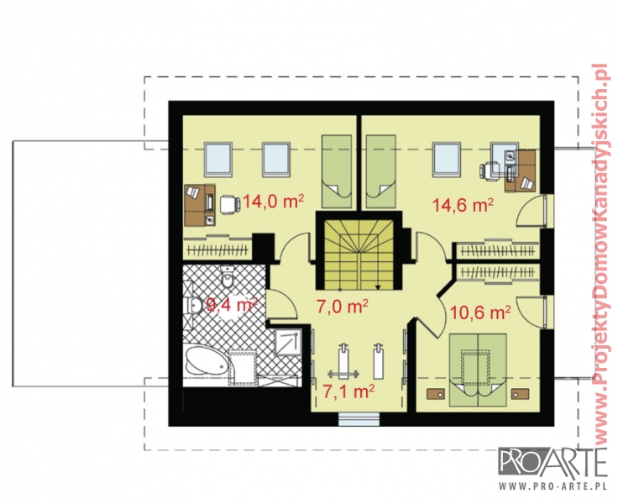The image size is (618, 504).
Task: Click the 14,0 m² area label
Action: (x=273, y=202)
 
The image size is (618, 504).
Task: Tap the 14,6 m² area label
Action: (x=463, y=205)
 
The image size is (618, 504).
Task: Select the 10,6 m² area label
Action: (x=480, y=312)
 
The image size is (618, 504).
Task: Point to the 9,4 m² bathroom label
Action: (x=232, y=304)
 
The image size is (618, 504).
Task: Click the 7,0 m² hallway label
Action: (x=343, y=306)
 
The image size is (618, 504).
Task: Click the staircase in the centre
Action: (x=359, y=255)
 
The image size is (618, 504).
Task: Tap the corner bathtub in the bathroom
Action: (x=207, y=362)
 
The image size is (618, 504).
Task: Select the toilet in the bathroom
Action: (x=228, y=277)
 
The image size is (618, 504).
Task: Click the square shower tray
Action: (x=288, y=343)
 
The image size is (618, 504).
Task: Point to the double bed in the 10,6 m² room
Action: (x=478, y=369)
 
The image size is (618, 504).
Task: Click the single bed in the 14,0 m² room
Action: (x=336, y=171)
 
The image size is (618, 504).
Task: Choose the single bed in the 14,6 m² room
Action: (x=380, y=171)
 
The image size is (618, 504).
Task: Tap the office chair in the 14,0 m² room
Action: (x=230, y=204)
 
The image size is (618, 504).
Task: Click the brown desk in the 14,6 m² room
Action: (x=521, y=171)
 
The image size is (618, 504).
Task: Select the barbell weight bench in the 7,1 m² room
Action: (x=343, y=362)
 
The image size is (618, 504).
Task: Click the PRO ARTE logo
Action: (x=553, y=463)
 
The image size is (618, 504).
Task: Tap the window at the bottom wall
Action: (x=359, y=419)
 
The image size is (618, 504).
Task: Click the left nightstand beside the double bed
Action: (x=436, y=393)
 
